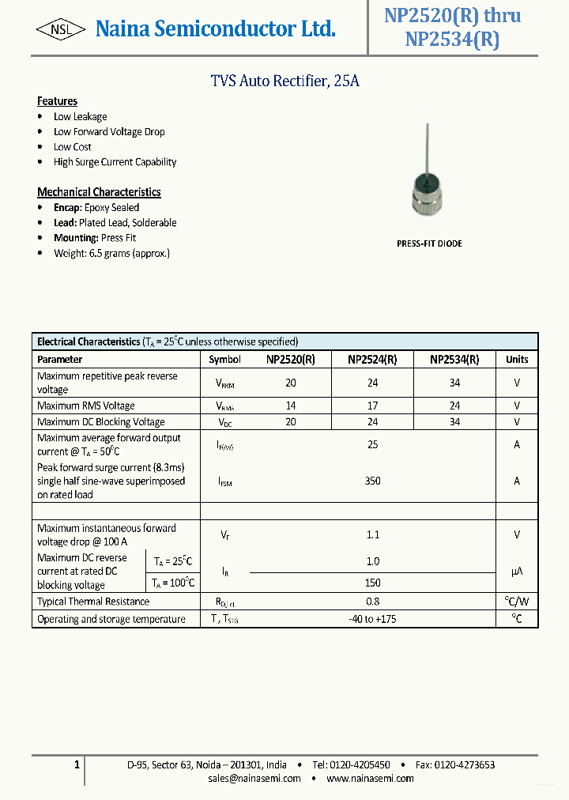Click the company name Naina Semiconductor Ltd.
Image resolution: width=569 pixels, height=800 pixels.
tap(215, 29)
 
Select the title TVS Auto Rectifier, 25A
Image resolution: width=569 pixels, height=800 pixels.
tap(284, 81)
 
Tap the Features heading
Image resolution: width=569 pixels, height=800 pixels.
tap(57, 101)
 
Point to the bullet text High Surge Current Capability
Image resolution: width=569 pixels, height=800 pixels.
tap(115, 162)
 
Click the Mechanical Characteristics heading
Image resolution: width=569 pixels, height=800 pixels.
tap(99, 192)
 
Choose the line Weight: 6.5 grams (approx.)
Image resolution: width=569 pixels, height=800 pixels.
tap(111, 253)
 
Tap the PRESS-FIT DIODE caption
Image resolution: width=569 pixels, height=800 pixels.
tap(429, 243)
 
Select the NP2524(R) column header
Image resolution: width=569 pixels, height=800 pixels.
tap(372, 359)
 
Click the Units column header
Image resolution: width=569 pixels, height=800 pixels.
tap(517, 359)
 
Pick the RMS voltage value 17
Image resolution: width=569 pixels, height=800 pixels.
tap(372, 406)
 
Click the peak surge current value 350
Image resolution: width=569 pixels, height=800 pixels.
tap(372, 480)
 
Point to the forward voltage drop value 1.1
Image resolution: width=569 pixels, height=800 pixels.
tap(372, 534)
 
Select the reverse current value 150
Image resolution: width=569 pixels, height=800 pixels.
tap(372, 583)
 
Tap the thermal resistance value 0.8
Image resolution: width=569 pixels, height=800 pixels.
tap(372, 602)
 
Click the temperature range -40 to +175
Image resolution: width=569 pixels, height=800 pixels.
tap(372, 619)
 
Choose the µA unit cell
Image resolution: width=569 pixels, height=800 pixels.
tap(517, 571)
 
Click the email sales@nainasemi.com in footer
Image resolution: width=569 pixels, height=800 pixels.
tap(254, 779)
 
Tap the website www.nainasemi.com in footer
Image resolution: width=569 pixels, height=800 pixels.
tap(370, 779)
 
